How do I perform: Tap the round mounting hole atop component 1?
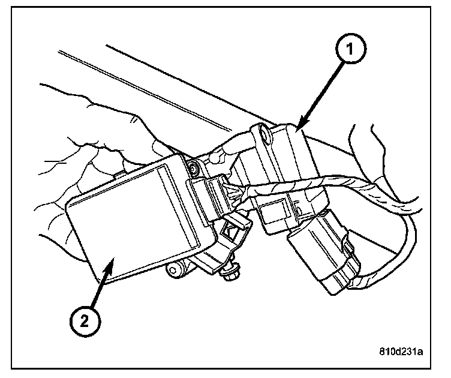point(264,135)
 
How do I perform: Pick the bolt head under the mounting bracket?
point(230,275)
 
